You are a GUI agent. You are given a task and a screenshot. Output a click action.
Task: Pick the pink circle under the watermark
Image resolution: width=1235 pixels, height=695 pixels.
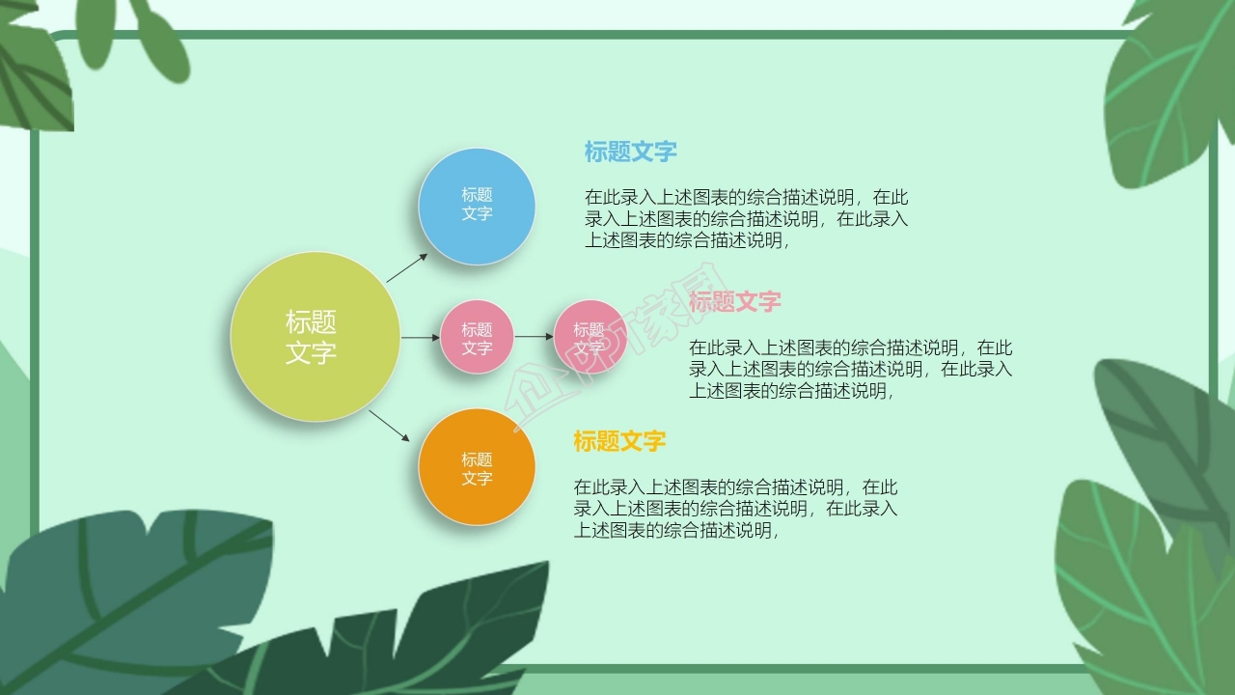click(x=590, y=338)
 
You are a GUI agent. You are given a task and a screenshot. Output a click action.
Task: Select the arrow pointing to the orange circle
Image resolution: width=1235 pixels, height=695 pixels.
click(x=390, y=426)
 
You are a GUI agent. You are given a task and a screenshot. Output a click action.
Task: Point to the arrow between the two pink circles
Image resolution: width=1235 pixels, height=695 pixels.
click(x=534, y=337)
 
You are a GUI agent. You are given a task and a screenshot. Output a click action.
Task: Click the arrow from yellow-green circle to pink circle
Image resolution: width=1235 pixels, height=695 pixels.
click(x=420, y=337)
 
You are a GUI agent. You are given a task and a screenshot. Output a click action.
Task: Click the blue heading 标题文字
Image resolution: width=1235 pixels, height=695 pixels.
click(x=630, y=152)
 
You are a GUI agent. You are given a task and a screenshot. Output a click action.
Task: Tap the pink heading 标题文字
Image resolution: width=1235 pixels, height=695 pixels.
click(x=735, y=302)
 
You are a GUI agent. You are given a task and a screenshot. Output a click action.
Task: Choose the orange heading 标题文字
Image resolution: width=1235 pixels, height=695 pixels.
click(x=619, y=442)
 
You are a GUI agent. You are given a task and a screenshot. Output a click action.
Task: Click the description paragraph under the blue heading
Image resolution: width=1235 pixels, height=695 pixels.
click(x=746, y=219)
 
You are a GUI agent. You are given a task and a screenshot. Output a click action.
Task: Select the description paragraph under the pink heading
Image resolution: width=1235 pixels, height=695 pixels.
click(x=850, y=370)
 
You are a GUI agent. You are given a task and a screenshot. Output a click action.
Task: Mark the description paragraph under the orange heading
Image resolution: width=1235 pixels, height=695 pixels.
click(x=735, y=509)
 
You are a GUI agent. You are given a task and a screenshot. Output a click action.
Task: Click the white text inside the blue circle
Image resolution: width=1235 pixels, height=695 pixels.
click(x=477, y=204)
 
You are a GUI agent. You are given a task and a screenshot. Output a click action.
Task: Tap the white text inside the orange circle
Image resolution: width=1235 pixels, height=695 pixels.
click(x=477, y=469)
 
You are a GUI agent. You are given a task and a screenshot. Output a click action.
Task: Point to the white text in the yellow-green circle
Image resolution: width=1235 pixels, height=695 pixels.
click(x=311, y=337)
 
